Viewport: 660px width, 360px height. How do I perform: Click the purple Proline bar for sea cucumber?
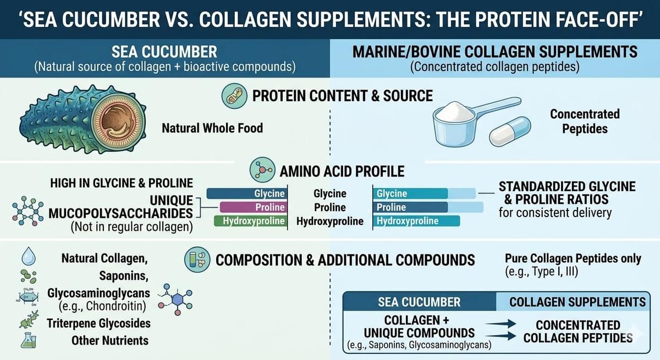tap(253, 207)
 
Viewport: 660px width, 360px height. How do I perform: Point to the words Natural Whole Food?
tap(212, 128)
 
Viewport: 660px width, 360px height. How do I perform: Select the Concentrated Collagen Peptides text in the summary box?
tap(577, 331)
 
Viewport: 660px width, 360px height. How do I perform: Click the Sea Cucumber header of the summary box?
tap(419, 302)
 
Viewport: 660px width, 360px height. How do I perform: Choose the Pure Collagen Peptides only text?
tap(573, 258)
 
